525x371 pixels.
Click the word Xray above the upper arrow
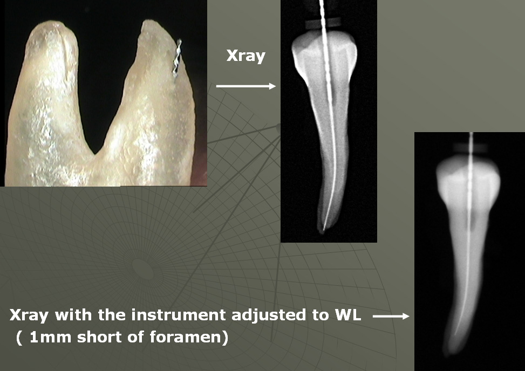pyautogui.click(x=246, y=56)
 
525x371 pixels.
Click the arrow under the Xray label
pyautogui.click(x=246, y=86)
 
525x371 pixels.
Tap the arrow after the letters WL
pyautogui.click(x=391, y=316)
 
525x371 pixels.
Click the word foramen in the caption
pyautogui.click(x=186, y=337)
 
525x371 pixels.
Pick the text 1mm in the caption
pyautogui.click(x=50, y=337)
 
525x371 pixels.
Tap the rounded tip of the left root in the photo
pyautogui.click(x=50, y=25)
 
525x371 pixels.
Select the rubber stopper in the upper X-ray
pyautogui.click(x=323, y=23)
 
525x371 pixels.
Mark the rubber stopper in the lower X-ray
pyautogui.click(x=471, y=148)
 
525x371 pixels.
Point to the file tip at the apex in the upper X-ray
pyautogui.click(x=323, y=230)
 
